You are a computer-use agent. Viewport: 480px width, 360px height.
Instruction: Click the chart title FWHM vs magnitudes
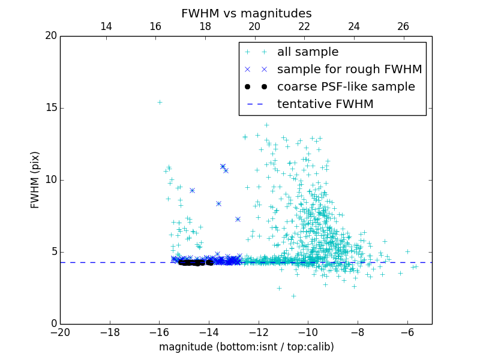pos(246,13)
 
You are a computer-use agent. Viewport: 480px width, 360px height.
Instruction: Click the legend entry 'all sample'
pos(308,52)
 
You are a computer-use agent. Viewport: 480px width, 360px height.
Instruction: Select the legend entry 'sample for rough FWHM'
pos(349,70)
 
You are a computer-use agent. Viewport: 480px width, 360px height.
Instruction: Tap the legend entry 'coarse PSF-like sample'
pos(346,87)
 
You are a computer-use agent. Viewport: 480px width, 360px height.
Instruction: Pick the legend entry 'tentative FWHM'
pos(325,104)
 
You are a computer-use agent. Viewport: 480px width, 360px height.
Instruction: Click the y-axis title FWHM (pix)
pos(35,180)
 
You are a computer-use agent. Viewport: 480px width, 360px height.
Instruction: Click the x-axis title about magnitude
pos(246,347)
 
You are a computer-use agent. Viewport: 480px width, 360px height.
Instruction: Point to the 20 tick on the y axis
pos(50,36)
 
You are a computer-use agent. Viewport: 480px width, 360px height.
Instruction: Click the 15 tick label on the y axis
pos(50,108)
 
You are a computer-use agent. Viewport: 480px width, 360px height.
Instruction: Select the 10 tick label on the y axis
pos(50,180)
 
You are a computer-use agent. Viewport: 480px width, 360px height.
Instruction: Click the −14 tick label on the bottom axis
pos(209,331)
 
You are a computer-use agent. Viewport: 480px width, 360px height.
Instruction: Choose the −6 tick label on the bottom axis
pos(407,331)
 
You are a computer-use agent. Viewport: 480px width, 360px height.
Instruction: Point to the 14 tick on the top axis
pos(106,26)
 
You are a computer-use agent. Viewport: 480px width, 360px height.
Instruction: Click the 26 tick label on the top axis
pos(403,26)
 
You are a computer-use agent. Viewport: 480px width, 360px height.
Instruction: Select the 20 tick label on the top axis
pos(254,26)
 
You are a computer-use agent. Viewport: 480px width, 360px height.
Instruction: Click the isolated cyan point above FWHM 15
pos(160,102)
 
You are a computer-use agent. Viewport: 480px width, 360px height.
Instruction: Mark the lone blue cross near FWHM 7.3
pos(238,219)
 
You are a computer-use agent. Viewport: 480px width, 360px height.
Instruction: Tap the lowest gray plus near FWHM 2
pos(293,296)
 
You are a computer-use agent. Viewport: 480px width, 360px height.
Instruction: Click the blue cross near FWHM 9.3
pos(192,190)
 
